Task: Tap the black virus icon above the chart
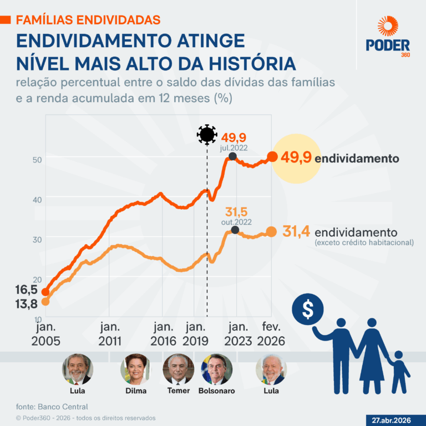[x=207, y=134]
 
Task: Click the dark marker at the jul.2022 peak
[x=232, y=157]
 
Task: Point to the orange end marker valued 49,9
[x=272, y=158]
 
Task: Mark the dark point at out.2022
[x=235, y=230]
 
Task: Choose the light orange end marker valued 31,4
[x=271, y=232]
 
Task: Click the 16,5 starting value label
[x=26, y=290]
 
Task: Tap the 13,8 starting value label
[x=26, y=303]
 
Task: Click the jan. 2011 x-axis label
[x=109, y=334]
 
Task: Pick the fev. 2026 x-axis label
[x=271, y=334]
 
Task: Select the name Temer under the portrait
[x=178, y=391]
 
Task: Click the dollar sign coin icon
[x=307, y=310]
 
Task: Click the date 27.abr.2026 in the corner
[x=392, y=420]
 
